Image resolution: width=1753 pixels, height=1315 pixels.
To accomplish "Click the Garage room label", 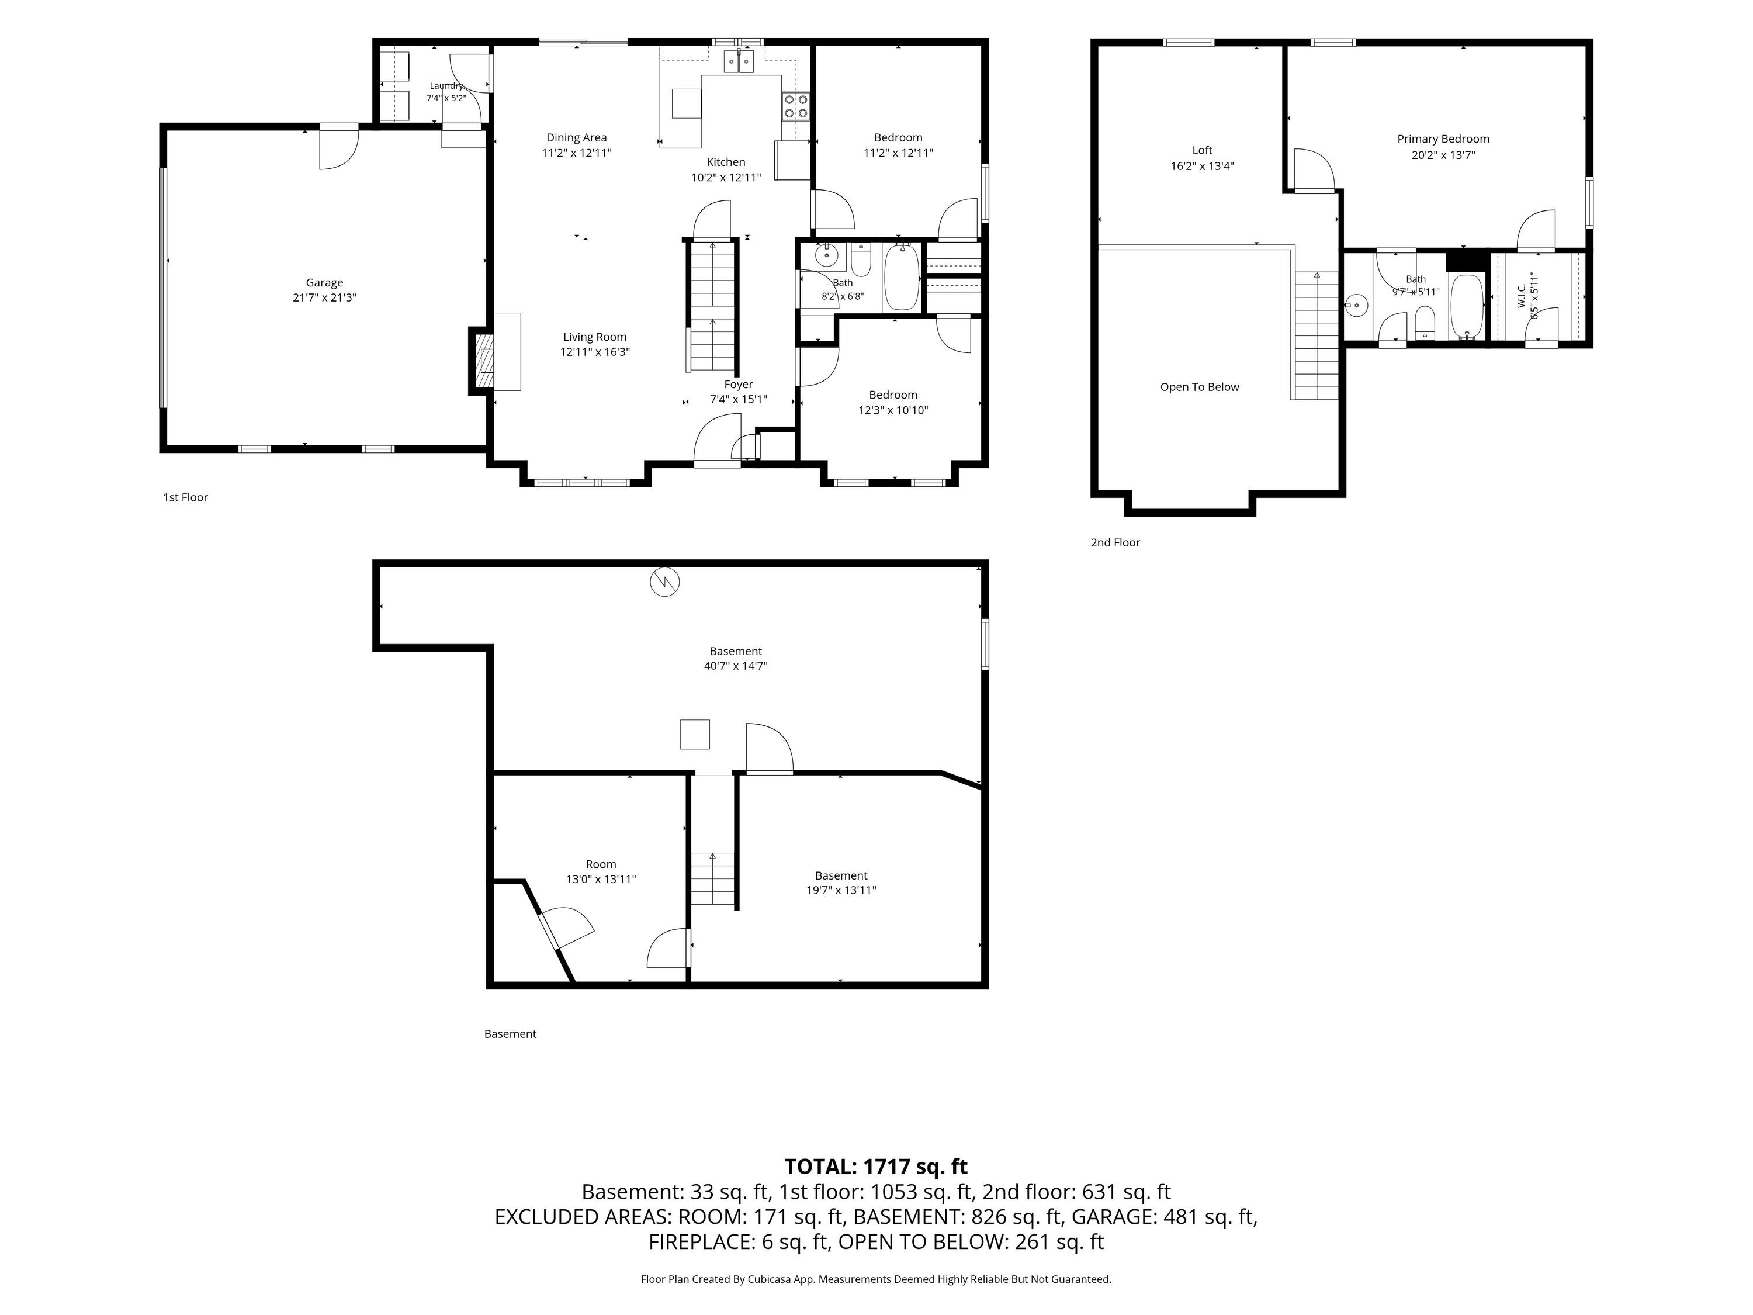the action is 324,283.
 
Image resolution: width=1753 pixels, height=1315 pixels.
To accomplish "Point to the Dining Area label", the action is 576,138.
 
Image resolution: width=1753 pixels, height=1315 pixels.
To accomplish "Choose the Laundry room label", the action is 446,85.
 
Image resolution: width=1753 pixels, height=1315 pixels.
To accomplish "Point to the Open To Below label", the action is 1199,387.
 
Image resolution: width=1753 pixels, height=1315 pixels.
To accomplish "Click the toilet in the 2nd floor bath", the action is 1425,322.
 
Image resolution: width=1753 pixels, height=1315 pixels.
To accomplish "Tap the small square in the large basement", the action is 695,734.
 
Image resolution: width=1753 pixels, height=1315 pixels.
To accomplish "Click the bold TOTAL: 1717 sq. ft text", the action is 876,1167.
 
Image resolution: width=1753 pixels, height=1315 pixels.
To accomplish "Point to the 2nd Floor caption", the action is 1115,542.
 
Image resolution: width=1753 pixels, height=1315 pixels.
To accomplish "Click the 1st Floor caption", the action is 185,497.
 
